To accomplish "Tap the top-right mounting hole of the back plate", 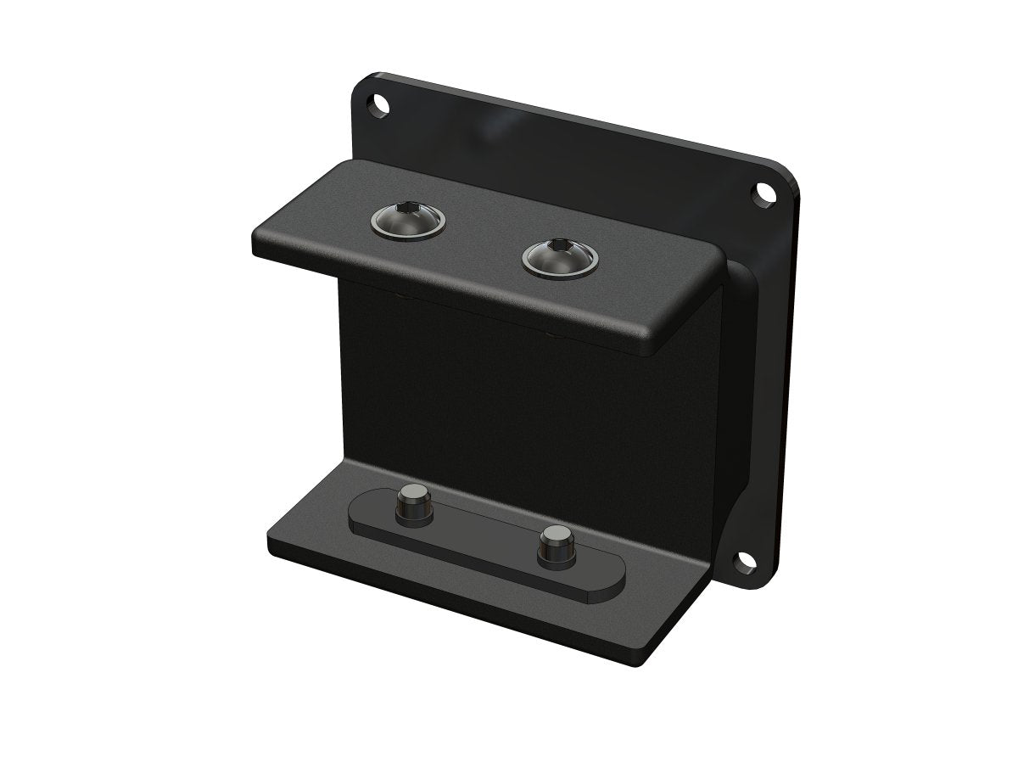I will [765, 193].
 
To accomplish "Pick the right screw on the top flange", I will [560, 256].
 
